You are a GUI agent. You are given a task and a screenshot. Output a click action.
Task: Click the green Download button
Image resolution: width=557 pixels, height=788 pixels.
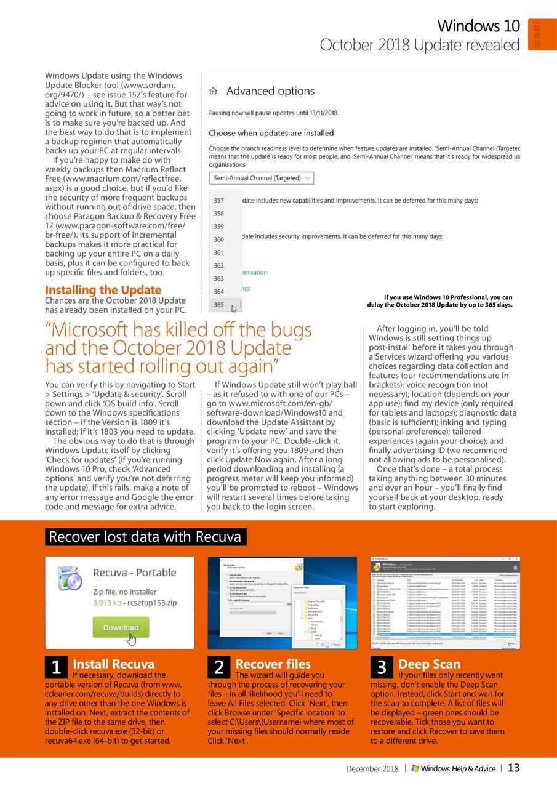tap(121, 627)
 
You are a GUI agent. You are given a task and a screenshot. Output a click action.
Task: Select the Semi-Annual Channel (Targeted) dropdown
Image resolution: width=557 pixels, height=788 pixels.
tap(262, 179)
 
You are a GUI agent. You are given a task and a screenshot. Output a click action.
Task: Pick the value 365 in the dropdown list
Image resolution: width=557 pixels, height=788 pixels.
tap(219, 305)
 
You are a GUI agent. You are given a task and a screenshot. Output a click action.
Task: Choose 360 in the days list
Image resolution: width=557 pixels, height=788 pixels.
tap(219, 239)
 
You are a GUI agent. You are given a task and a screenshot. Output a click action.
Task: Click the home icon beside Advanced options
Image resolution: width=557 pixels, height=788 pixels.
tap(214, 91)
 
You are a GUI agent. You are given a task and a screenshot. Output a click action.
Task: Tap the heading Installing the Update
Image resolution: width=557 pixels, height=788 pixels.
tap(103, 290)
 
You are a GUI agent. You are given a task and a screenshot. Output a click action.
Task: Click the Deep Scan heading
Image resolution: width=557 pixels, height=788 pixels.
tap(429, 664)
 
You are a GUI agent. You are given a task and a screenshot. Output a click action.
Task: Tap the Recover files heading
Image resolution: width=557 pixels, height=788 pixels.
tap(273, 664)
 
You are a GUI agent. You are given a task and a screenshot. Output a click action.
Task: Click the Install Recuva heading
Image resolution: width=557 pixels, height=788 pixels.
tap(113, 664)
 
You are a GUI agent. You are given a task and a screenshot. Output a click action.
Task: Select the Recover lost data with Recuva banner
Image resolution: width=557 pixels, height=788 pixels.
tap(145, 537)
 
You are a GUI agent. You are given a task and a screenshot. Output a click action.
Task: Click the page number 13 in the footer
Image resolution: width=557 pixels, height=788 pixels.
tap(514, 768)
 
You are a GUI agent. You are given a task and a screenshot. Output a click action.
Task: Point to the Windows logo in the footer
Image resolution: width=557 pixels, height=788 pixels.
tap(415, 768)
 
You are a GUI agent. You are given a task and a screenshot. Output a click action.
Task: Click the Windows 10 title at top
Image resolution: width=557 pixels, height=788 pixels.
tap(478, 26)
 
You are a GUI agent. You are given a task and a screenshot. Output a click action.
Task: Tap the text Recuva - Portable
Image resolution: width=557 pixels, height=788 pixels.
tap(134, 573)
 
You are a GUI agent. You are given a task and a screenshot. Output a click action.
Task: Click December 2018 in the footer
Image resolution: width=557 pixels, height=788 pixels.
tap(372, 768)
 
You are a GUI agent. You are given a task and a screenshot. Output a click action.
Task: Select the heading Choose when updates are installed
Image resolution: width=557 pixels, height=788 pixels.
tap(271, 133)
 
